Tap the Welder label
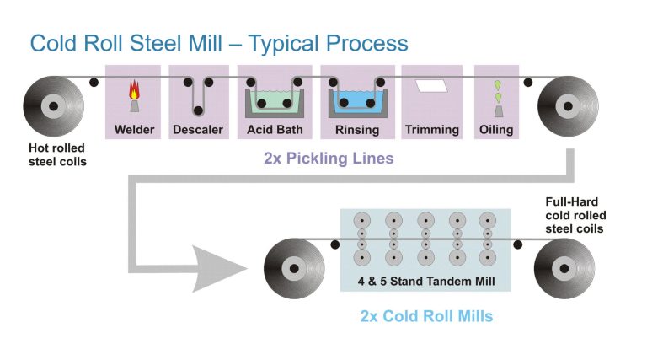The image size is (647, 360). point(134,130)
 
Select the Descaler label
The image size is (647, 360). point(198,130)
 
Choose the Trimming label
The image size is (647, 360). point(431,130)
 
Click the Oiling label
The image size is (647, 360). point(496,130)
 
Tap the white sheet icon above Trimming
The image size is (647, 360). point(431,85)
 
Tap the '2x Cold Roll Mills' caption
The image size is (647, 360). point(426,317)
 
